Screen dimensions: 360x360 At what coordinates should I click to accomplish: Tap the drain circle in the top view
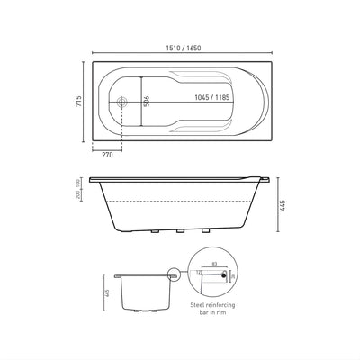click(124, 101)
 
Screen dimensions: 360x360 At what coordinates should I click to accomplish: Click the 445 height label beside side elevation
click(282, 207)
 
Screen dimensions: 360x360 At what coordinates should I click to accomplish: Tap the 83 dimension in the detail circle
click(215, 264)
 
